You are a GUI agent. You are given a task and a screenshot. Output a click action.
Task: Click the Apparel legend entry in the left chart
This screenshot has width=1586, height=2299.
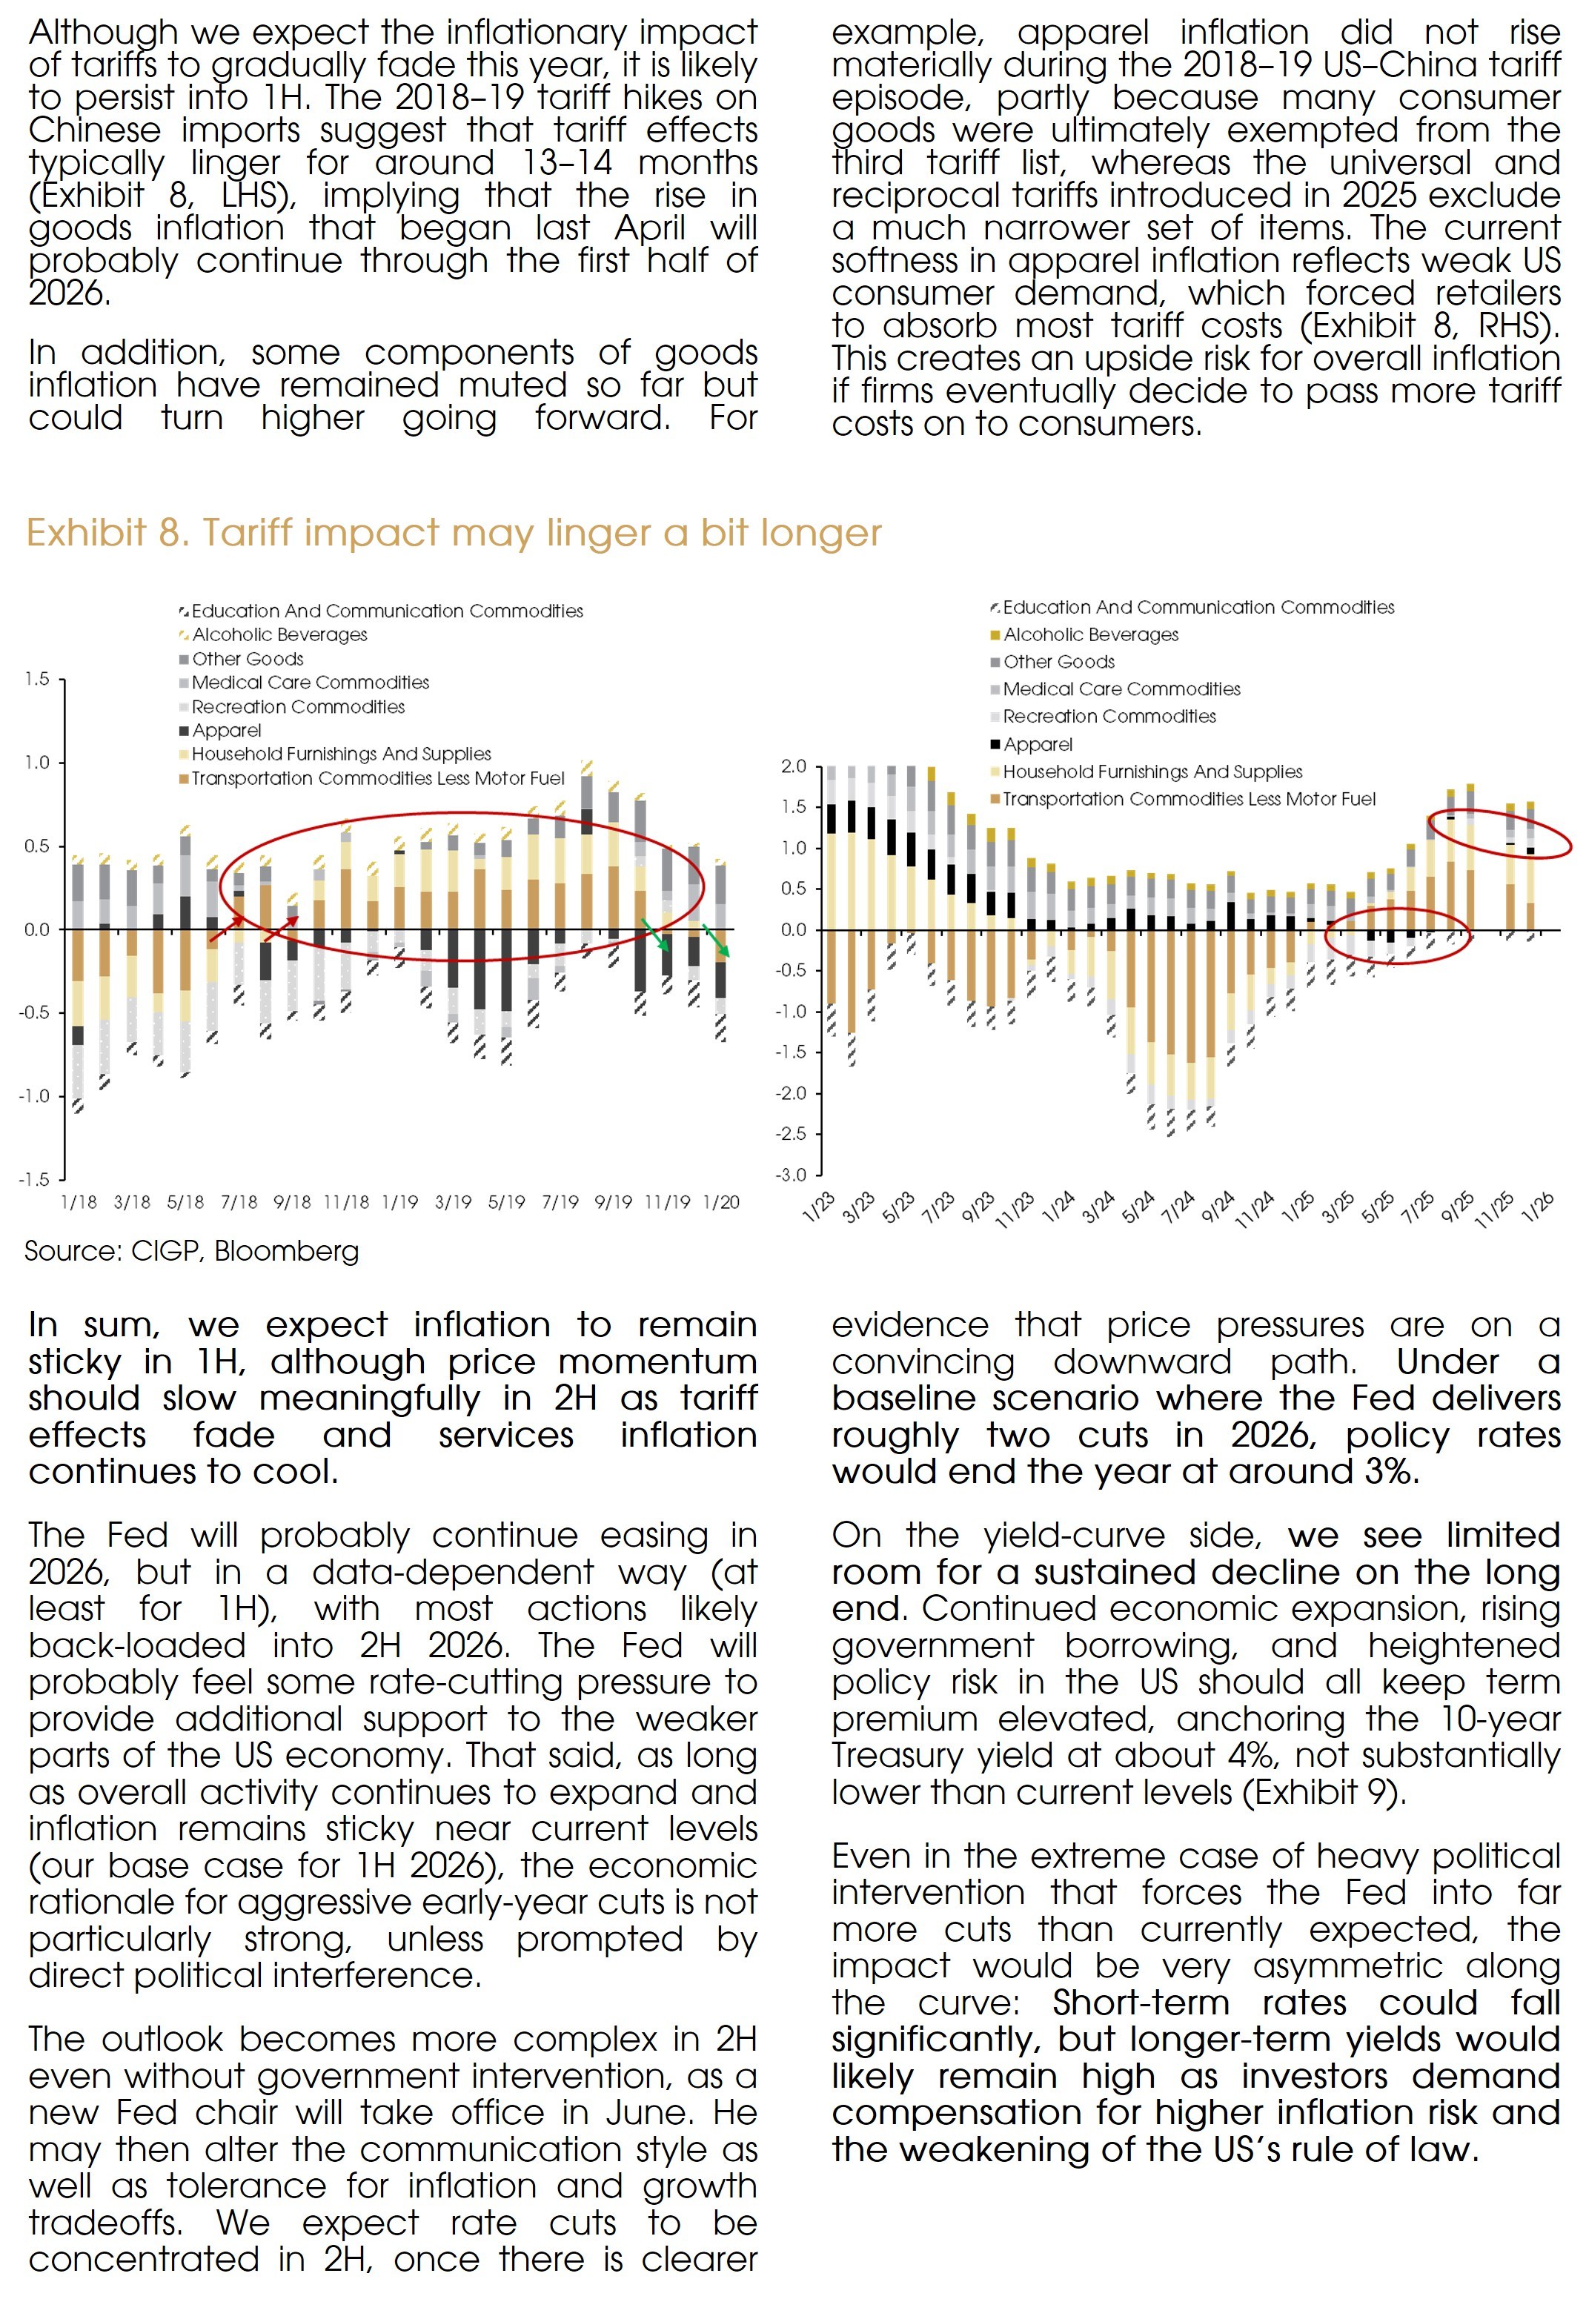(x=227, y=730)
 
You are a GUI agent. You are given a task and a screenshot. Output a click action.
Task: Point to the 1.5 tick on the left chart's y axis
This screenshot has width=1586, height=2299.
(x=37, y=680)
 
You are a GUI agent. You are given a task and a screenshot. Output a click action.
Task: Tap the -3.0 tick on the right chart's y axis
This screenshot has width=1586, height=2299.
(x=792, y=1175)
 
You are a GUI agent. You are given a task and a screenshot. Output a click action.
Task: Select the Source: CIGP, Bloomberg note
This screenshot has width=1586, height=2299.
(x=192, y=1251)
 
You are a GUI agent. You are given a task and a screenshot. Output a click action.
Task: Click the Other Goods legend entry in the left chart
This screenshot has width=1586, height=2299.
(x=248, y=659)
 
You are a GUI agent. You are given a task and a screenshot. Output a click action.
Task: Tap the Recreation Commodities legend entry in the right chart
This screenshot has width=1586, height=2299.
(x=1109, y=717)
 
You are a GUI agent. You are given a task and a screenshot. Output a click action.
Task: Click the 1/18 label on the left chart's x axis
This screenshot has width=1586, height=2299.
(x=79, y=1202)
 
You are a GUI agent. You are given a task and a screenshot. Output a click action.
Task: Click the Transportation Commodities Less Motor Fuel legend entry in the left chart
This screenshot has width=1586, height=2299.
(x=378, y=778)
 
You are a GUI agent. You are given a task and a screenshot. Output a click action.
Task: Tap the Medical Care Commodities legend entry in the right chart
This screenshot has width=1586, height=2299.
(x=1121, y=689)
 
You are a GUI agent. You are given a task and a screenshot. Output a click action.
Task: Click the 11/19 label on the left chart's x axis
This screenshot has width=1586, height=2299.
(x=667, y=1202)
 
